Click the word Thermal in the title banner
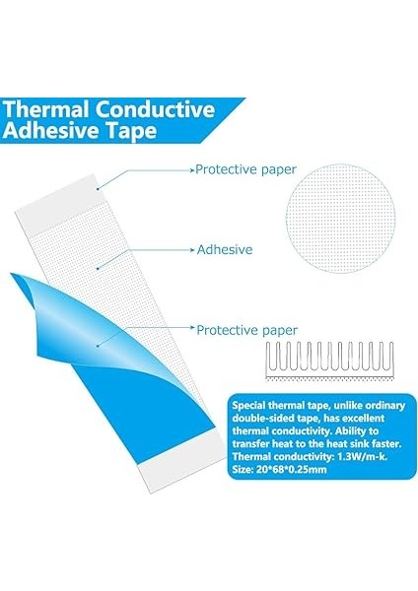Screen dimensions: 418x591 click(x=46, y=109)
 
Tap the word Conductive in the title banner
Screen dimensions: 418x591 click(x=155, y=109)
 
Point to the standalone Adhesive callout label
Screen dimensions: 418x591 click(x=225, y=249)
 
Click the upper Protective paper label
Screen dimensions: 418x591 click(x=245, y=169)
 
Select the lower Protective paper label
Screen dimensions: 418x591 click(x=247, y=330)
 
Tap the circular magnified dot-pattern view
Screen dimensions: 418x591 click(x=340, y=219)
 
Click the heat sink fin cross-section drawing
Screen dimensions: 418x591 click(x=329, y=361)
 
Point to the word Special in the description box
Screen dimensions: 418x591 click(x=249, y=406)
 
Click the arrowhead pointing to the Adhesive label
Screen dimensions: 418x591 click(x=191, y=249)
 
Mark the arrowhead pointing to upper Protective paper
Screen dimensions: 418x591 click(x=191, y=170)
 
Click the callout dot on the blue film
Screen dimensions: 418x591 click(x=98, y=345)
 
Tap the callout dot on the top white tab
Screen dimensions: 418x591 click(x=98, y=189)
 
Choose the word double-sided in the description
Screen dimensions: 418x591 click(x=260, y=419)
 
